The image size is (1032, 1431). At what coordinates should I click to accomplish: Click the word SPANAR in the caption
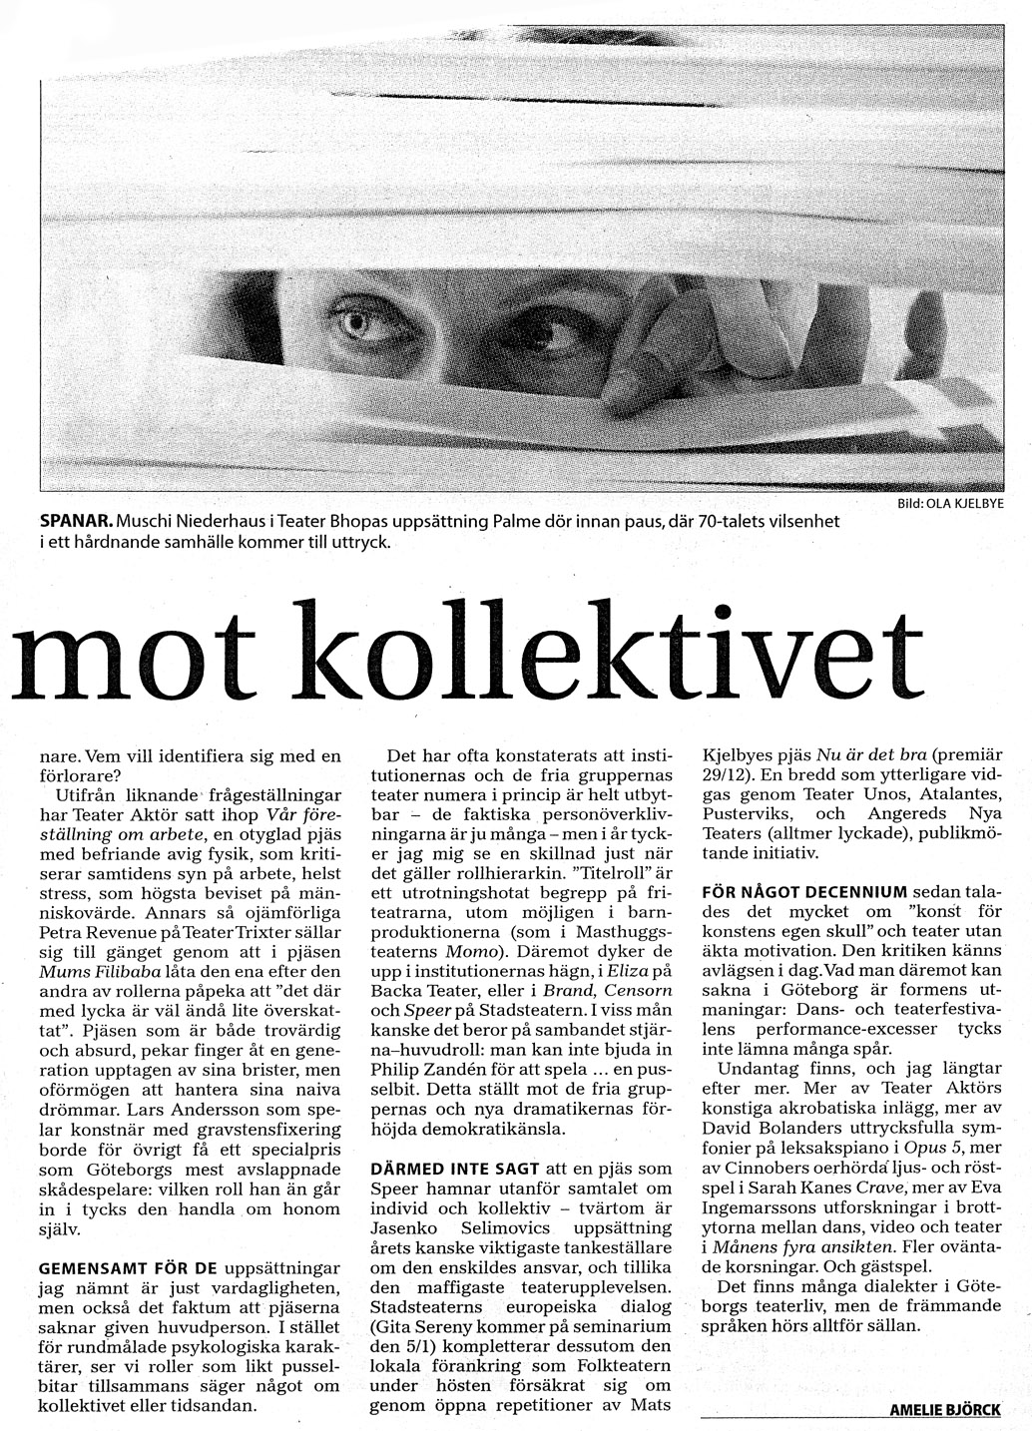tap(73, 523)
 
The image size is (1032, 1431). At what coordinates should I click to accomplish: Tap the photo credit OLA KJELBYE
tap(963, 505)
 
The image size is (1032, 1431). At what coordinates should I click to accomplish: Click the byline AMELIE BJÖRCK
tap(944, 1410)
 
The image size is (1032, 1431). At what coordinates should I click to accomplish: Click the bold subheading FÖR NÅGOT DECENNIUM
tap(805, 890)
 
